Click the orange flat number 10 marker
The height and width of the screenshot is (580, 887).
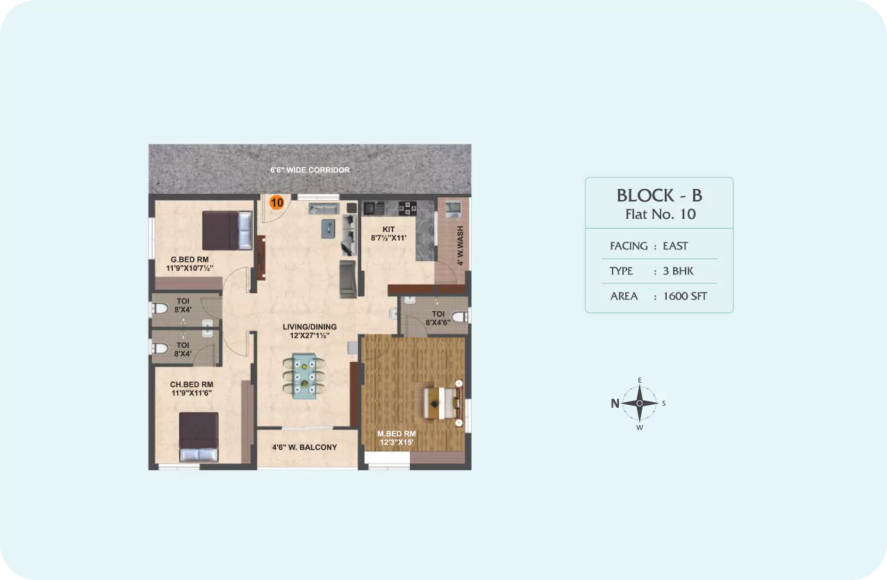(276, 203)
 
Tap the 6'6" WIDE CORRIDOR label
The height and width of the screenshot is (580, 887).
(310, 170)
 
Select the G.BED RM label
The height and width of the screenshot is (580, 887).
(190, 260)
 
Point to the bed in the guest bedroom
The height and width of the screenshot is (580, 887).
(227, 231)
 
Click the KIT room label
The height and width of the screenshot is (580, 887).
(388, 230)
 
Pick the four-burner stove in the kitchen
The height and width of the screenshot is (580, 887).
(408, 208)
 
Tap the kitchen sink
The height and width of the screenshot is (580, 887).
(374, 208)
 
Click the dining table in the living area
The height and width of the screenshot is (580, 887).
(304, 376)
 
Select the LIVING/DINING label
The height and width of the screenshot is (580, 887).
(310, 327)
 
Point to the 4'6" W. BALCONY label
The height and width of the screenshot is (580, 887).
(304, 447)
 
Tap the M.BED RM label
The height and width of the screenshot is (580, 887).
(397, 434)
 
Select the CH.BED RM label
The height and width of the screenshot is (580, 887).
(192, 384)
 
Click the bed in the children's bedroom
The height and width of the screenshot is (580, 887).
(199, 437)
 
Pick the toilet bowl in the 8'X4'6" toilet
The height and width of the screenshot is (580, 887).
(460, 317)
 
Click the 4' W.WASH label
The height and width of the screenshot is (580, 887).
(460, 246)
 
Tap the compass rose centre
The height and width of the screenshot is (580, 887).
(640, 404)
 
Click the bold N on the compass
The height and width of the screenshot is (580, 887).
(615, 404)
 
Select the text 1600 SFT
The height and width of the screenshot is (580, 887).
(685, 296)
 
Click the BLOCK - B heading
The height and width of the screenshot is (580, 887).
(659, 196)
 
